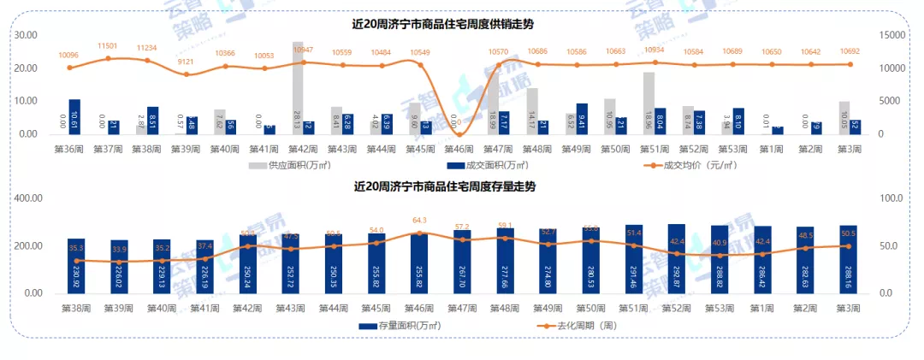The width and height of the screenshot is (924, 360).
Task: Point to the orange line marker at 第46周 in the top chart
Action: pos(459,134)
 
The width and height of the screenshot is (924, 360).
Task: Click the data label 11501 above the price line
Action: pos(108,46)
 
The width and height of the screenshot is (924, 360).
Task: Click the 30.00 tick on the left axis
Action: pos(26,35)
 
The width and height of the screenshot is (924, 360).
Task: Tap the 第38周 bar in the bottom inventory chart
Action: pos(77,265)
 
